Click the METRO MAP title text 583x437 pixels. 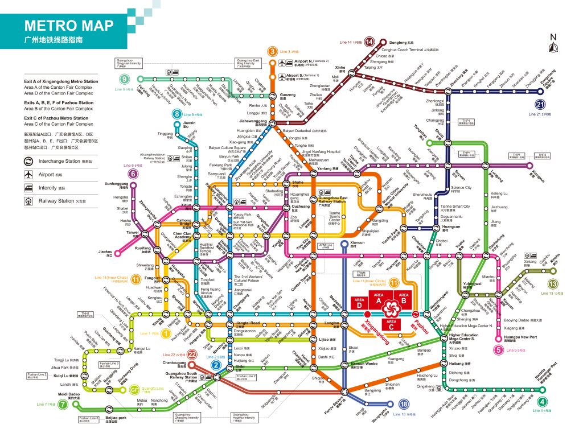pyautogui.click(x=69, y=26)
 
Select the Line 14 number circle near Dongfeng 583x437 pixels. pyautogui.click(x=369, y=42)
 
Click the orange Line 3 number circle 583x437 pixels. pyautogui.click(x=273, y=52)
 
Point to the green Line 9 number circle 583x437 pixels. pyautogui.click(x=124, y=80)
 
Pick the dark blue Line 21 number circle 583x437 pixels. pyautogui.click(x=540, y=104)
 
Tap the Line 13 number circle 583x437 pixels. pyautogui.click(x=552, y=285)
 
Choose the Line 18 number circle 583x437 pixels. pyautogui.click(x=404, y=405)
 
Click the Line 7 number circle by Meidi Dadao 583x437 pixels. pyautogui.click(x=77, y=405)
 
